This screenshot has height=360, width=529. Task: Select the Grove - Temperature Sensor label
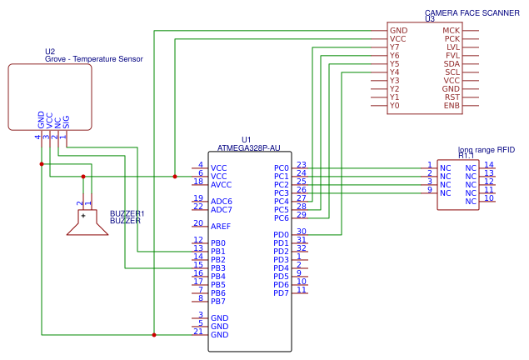[x=94, y=59]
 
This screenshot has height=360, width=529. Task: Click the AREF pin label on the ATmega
[x=222, y=227]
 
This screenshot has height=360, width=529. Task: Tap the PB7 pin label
[x=218, y=302]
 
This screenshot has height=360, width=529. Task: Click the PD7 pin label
[x=282, y=293]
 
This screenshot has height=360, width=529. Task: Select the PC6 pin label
[x=282, y=218]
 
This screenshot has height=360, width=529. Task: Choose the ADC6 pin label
[x=222, y=202]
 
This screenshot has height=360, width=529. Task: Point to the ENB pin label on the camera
[x=452, y=106]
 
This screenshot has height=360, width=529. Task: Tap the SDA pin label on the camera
[x=452, y=64]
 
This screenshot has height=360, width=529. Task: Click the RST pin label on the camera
[x=452, y=97]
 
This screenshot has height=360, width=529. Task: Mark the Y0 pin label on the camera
[x=395, y=106]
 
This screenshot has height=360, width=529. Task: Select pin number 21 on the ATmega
[x=198, y=332]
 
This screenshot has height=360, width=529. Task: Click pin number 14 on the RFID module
[x=489, y=165]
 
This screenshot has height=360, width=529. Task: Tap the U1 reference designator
[x=246, y=139]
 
